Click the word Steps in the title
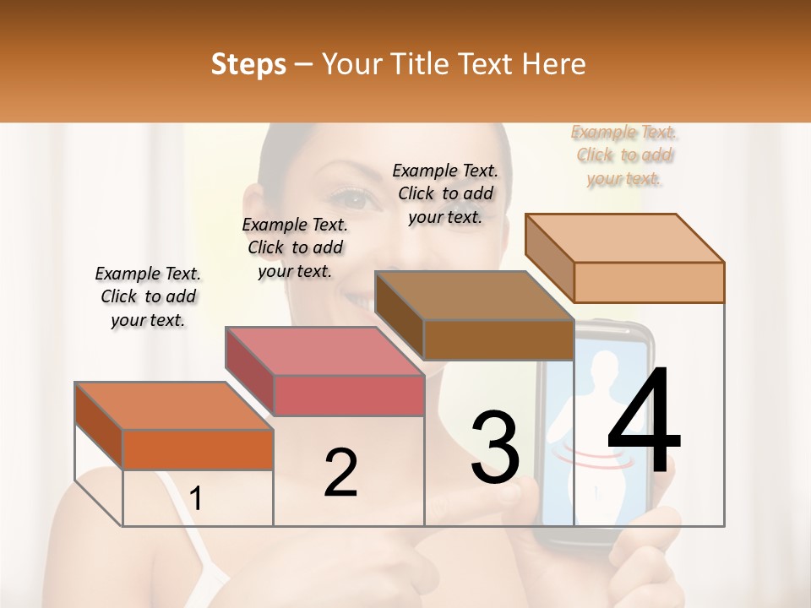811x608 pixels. pyautogui.click(x=248, y=64)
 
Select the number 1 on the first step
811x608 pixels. pyautogui.click(x=196, y=499)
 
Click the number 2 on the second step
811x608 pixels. pyautogui.click(x=340, y=473)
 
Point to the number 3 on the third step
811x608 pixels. pyautogui.click(x=495, y=448)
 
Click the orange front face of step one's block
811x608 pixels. pyautogui.click(x=198, y=449)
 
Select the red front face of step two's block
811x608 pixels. pyautogui.click(x=349, y=395)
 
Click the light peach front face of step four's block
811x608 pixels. pyautogui.click(x=649, y=282)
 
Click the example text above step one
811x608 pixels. pyautogui.click(x=148, y=296)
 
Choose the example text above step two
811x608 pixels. pyautogui.click(x=295, y=247)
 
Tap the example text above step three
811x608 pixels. pyautogui.click(x=445, y=193)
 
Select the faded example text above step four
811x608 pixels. pyautogui.click(x=624, y=155)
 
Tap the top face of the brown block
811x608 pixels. pyautogui.click(x=474, y=296)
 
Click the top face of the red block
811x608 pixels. pyautogui.click(x=324, y=351)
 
